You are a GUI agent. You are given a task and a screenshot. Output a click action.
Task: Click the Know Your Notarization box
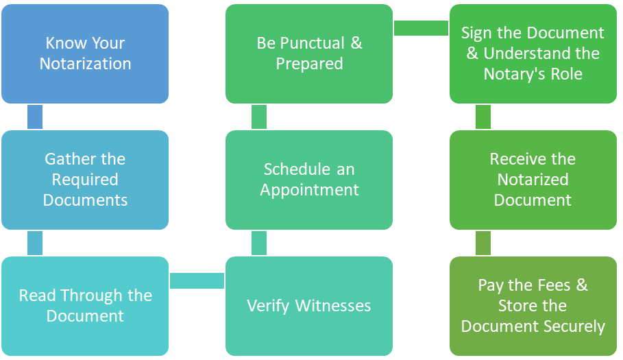click(x=85, y=53)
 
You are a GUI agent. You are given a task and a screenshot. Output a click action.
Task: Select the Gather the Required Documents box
click(x=85, y=180)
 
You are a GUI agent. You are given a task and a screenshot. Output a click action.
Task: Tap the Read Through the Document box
click(x=85, y=306)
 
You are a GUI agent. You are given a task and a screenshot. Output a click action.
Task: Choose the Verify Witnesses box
click(x=309, y=306)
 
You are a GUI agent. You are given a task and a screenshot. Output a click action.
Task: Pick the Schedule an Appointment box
click(x=309, y=180)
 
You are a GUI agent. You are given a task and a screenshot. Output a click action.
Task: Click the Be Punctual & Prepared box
click(x=309, y=53)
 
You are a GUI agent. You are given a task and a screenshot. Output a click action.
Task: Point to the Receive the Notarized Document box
click(x=533, y=180)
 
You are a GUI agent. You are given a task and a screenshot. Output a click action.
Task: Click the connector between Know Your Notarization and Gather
click(x=35, y=117)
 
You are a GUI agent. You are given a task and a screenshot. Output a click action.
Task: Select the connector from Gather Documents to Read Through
click(x=35, y=243)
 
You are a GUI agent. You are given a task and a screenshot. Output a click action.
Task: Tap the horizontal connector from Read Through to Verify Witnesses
click(x=197, y=280)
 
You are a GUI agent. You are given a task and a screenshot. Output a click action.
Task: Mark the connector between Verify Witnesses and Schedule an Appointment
click(x=259, y=243)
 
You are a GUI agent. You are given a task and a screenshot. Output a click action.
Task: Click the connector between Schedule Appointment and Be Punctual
click(x=259, y=117)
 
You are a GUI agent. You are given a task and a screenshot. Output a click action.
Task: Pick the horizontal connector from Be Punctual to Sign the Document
click(x=422, y=28)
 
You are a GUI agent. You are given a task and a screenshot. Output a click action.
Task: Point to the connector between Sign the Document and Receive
click(x=483, y=117)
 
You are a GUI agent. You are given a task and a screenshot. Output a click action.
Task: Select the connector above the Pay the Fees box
click(x=483, y=243)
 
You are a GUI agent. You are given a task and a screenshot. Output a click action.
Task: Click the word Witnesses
click(x=333, y=306)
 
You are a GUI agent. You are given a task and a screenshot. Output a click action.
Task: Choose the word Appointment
click(x=309, y=190)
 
